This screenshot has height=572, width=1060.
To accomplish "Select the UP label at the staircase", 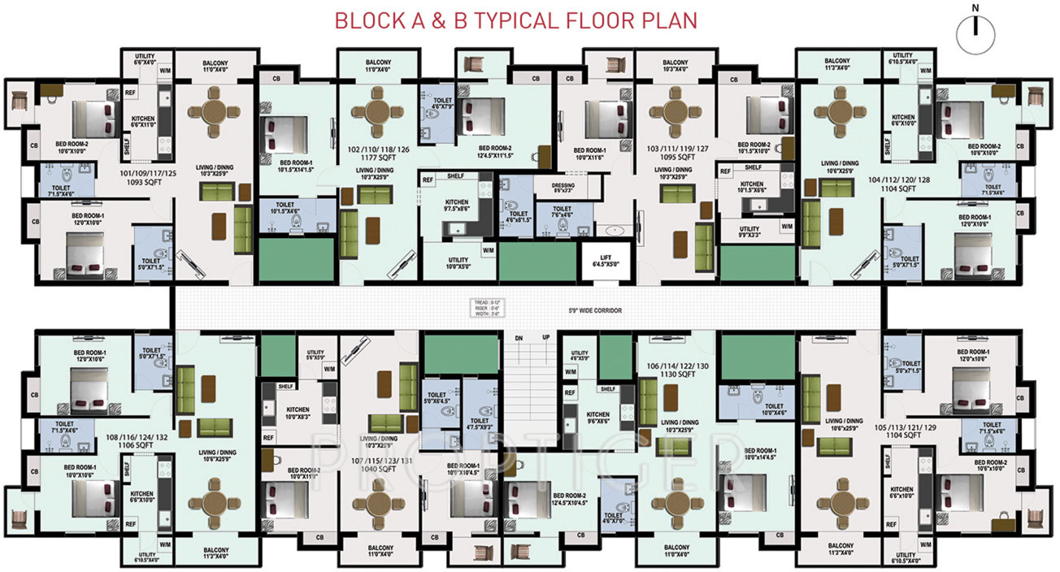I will tap(545, 338).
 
